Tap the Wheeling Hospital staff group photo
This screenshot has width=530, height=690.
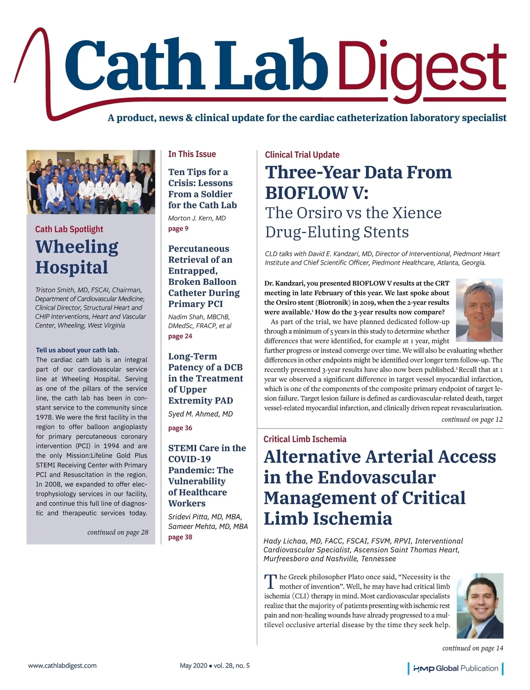(x=91, y=182)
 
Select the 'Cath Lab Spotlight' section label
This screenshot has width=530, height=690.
(x=69, y=229)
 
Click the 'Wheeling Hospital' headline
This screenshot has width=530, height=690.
(x=77, y=257)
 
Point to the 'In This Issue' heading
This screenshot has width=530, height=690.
(x=192, y=154)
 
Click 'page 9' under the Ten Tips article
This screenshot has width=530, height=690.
(x=178, y=229)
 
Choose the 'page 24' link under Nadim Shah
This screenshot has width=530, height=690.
(x=180, y=336)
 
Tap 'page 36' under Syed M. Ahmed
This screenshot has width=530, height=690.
(x=180, y=428)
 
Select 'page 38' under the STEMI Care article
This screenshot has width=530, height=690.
(x=180, y=537)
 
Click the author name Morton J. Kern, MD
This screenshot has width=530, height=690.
(x=197, y=218)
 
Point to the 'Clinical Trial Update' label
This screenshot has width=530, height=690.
(x=302, y=155)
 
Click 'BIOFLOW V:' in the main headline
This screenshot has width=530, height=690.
(x=317, y=193)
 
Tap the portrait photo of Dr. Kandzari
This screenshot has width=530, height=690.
(x=479, y=310)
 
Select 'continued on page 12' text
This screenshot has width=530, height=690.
(x=472, y=419)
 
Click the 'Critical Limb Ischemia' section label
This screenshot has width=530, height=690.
(x=305, y=439)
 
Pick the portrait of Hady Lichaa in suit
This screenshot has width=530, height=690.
(x=480, y=606)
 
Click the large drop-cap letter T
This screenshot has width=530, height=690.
(x=270, y=582)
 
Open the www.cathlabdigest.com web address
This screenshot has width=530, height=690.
(x=62, y=665)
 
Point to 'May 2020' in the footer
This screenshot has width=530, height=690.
(x=193, y=665)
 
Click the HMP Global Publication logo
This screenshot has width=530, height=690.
(x=455, y=668)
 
